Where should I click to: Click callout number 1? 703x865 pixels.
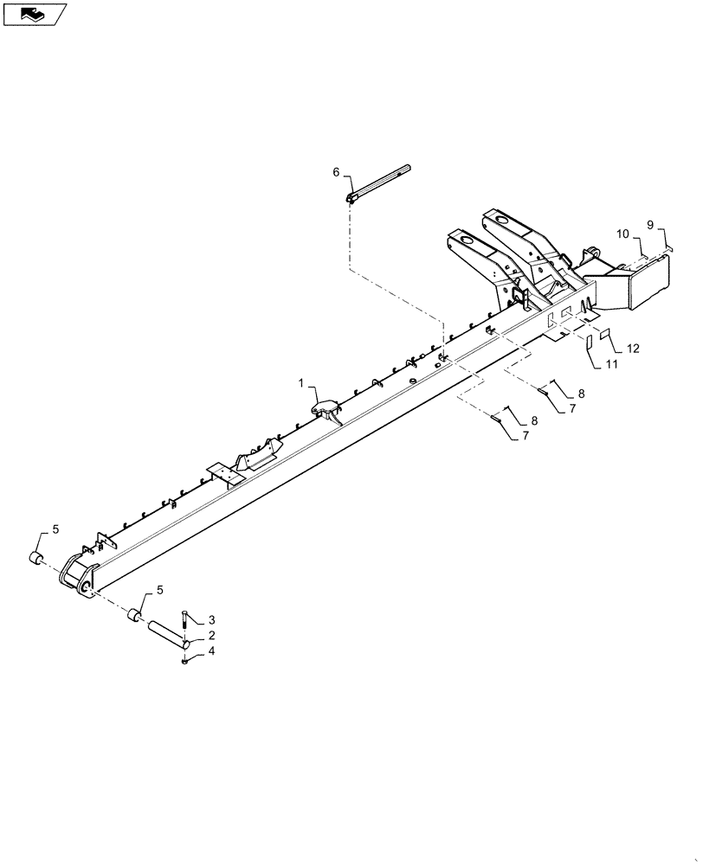tap(302, 382)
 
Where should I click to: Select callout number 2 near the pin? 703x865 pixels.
tap(211, 636)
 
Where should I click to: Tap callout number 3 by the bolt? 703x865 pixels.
tap(211, 620)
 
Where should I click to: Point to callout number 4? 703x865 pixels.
tap(211, 651)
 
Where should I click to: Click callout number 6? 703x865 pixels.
tap(337, 172)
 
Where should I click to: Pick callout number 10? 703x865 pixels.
tap(623, 234)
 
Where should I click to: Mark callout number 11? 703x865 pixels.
tap(612, 365)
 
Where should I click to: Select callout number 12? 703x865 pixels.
tap(633, 349)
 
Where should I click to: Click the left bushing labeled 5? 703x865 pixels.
tap(37, 557)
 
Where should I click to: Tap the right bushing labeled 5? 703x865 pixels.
tap(134, 615)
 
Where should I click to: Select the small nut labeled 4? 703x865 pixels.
tap(185, 663)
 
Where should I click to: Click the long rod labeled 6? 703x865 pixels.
tap(381, 182)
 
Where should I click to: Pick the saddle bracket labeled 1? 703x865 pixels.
tap(324, 405)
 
